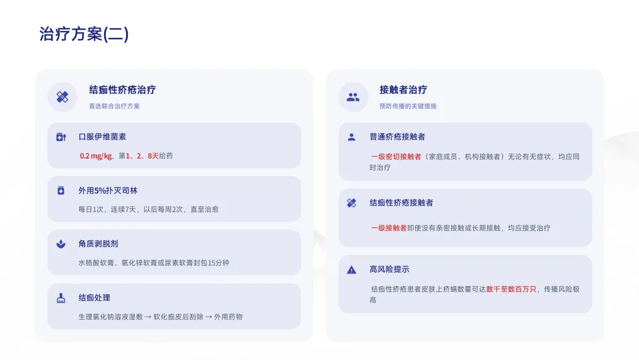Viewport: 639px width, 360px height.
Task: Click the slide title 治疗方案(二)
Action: point(83,34)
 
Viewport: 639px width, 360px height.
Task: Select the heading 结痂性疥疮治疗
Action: point(122,90)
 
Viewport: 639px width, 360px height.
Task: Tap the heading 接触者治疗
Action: point(403,90)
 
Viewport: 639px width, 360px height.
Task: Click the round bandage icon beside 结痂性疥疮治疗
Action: point(62,97)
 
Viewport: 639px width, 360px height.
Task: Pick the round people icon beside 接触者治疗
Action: point(353,97)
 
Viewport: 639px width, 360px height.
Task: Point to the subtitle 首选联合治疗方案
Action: point(114,107)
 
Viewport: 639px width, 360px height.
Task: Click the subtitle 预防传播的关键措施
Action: point(408,107)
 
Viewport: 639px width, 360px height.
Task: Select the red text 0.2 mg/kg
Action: point(96,156)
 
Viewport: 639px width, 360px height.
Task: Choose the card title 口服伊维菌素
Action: point(102,137)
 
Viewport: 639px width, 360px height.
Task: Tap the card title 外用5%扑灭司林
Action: point(108,191)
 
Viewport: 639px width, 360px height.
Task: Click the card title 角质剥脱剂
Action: point(98,244)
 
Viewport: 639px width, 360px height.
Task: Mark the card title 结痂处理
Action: point(94,298)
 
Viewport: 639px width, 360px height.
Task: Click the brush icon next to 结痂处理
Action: point(60,298)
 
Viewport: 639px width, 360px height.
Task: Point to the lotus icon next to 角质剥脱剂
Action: point(60,244)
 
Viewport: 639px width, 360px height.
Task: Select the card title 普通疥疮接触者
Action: point(397,137)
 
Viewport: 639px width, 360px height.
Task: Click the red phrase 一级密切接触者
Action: point(396,157)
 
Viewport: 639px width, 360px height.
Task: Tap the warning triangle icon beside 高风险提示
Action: point(351,270)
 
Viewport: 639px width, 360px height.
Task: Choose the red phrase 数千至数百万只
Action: point(511,290)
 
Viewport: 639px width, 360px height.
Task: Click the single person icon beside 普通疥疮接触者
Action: point(351,137)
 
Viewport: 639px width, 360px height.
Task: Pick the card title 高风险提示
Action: point(389,269)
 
